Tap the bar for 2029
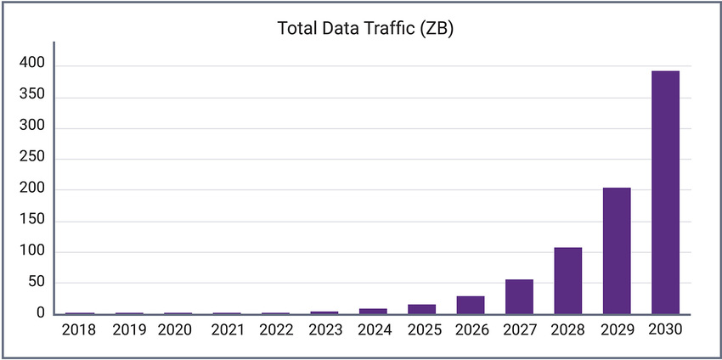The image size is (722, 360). click(617, 250)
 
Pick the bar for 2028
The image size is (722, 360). click(567, 281)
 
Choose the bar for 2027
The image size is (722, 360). click(519, 296)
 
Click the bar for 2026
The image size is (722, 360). click(470, 305)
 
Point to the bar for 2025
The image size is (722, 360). click(421, 309)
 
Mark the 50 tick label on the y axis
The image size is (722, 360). click(36, 283)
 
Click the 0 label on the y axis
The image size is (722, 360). click(40, 314)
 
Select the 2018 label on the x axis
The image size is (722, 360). click(79, 329)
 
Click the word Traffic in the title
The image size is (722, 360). click(399, 29)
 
